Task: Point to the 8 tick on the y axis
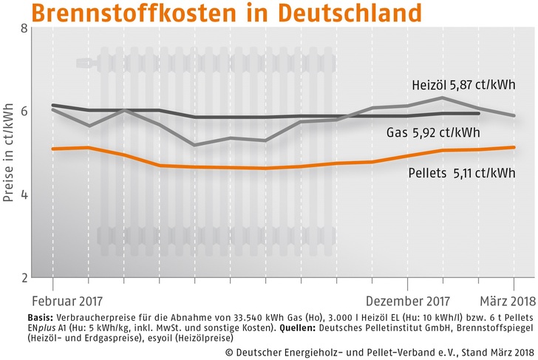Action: coord(24,29)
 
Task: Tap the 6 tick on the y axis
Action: coord(24,112)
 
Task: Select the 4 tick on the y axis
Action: coord(24,195)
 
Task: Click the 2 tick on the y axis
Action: coord(24,278)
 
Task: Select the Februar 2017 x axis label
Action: coord(67,302)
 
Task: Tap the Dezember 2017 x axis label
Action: coord(406,302)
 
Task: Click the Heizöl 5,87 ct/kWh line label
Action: coord(457,86)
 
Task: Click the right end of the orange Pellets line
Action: coord(514,147)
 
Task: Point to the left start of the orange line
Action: coord(52,149)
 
